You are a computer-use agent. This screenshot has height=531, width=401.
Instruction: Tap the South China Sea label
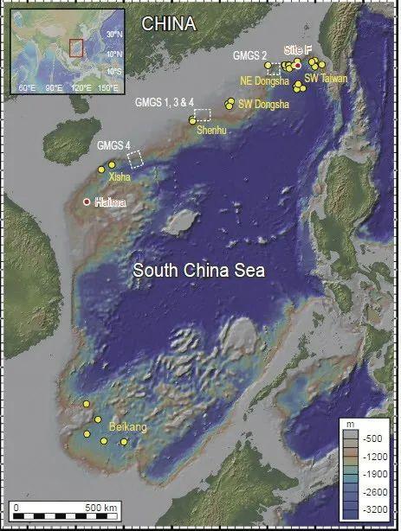pyautogui.click(x=198, y=271)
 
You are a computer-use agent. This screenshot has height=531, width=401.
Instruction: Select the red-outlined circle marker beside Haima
pyautogui.click(x=86, y=202)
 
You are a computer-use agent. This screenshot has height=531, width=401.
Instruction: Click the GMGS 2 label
pyautogui.click(x=249, y=56)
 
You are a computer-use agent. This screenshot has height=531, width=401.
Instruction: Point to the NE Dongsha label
pyautogui.click(x=264, y=81)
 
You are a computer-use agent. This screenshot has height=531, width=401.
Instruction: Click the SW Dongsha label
pyautogui.click(x=262, y=104)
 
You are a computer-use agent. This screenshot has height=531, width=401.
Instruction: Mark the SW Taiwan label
pyautogui.click(x=326, y=78)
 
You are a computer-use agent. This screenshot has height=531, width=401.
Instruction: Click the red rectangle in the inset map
pyautogui.click(x=76, y=47)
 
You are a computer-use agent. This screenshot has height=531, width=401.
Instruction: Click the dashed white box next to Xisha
pyautogui.click(x=135, y=158)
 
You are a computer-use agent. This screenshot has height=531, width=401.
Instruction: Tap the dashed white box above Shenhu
pyautogui.click(x=203, y=114)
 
